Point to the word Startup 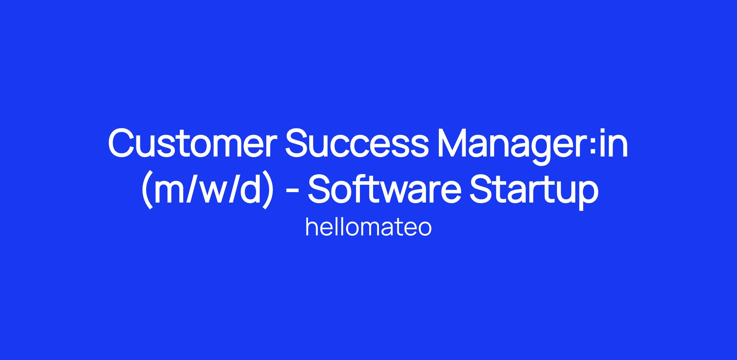tap(533, 192)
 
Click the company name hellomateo tap(368, 227)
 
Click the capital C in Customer tap(121, 144)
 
